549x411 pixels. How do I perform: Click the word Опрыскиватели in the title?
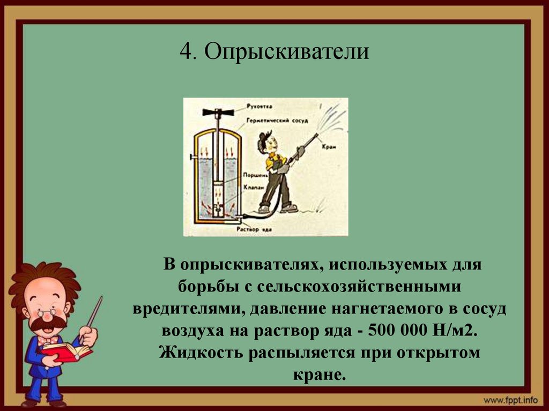point(286,53)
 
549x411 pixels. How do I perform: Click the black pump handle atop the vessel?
point(218,113)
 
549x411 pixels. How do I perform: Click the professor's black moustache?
point(48,323)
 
